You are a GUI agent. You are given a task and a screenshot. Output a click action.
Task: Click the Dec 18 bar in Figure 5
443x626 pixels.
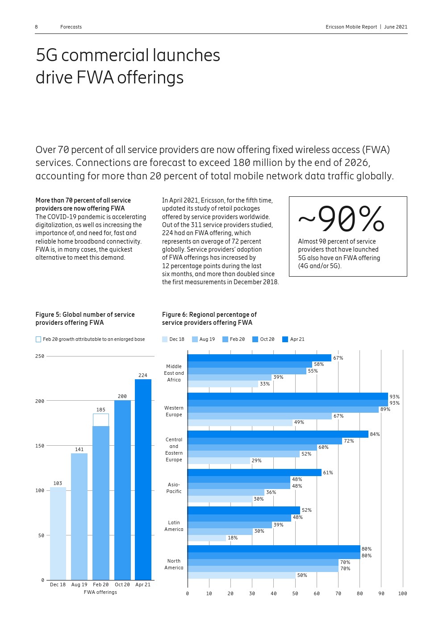(x=58, y=533)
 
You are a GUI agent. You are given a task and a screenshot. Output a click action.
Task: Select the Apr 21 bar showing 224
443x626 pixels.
(x=143, y=480)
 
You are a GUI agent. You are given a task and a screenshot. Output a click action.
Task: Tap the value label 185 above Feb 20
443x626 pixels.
(x=101, y=410)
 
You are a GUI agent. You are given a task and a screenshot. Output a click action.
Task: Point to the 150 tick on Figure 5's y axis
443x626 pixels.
(x=40, y=446)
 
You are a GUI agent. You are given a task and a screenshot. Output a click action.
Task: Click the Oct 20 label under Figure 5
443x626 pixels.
(x=122, y=585)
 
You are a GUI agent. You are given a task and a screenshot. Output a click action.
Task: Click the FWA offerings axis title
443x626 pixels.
(x=100, y=592)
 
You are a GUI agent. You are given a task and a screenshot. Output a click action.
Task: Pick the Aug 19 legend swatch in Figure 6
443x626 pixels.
(x=195, y=339)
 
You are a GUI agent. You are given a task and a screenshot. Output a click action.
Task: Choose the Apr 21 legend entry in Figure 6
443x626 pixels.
(x=293, y=339)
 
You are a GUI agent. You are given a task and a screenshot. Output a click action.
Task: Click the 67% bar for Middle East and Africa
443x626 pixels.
(x=259, y=358)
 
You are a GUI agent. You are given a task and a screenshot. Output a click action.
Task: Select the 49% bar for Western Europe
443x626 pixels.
(x=240, y=423)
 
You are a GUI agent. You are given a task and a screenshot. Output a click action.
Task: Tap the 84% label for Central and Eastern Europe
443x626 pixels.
(x=375, y=434)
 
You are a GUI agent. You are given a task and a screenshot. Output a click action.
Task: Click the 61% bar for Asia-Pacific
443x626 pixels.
(x=254, y=473)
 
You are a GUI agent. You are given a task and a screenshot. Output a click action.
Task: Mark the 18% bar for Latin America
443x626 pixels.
(x=207, y=538)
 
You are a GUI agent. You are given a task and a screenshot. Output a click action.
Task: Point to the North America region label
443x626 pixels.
(x=174, y=564)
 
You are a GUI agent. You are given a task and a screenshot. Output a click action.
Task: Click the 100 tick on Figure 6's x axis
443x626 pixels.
(x=402, y=593)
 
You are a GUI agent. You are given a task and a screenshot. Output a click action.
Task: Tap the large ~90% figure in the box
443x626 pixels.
(x=341, y=219)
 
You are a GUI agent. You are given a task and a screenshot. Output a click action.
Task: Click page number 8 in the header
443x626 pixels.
(x=37, y=27)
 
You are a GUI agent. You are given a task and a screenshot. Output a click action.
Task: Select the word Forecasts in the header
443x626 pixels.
(x=71, y=27)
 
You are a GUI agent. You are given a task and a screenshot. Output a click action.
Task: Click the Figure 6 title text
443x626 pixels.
(x=209, y=319)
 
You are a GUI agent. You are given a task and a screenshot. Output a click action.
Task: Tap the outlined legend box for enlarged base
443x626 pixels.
(x=38, y=339)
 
